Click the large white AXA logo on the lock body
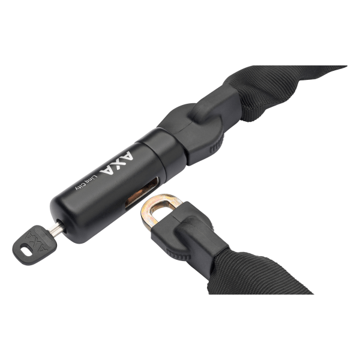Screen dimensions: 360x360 click(x=116, y=163)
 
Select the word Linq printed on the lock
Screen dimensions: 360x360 click(x=91, y=179)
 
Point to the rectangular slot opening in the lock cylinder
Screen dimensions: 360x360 click(x=142, y=193)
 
